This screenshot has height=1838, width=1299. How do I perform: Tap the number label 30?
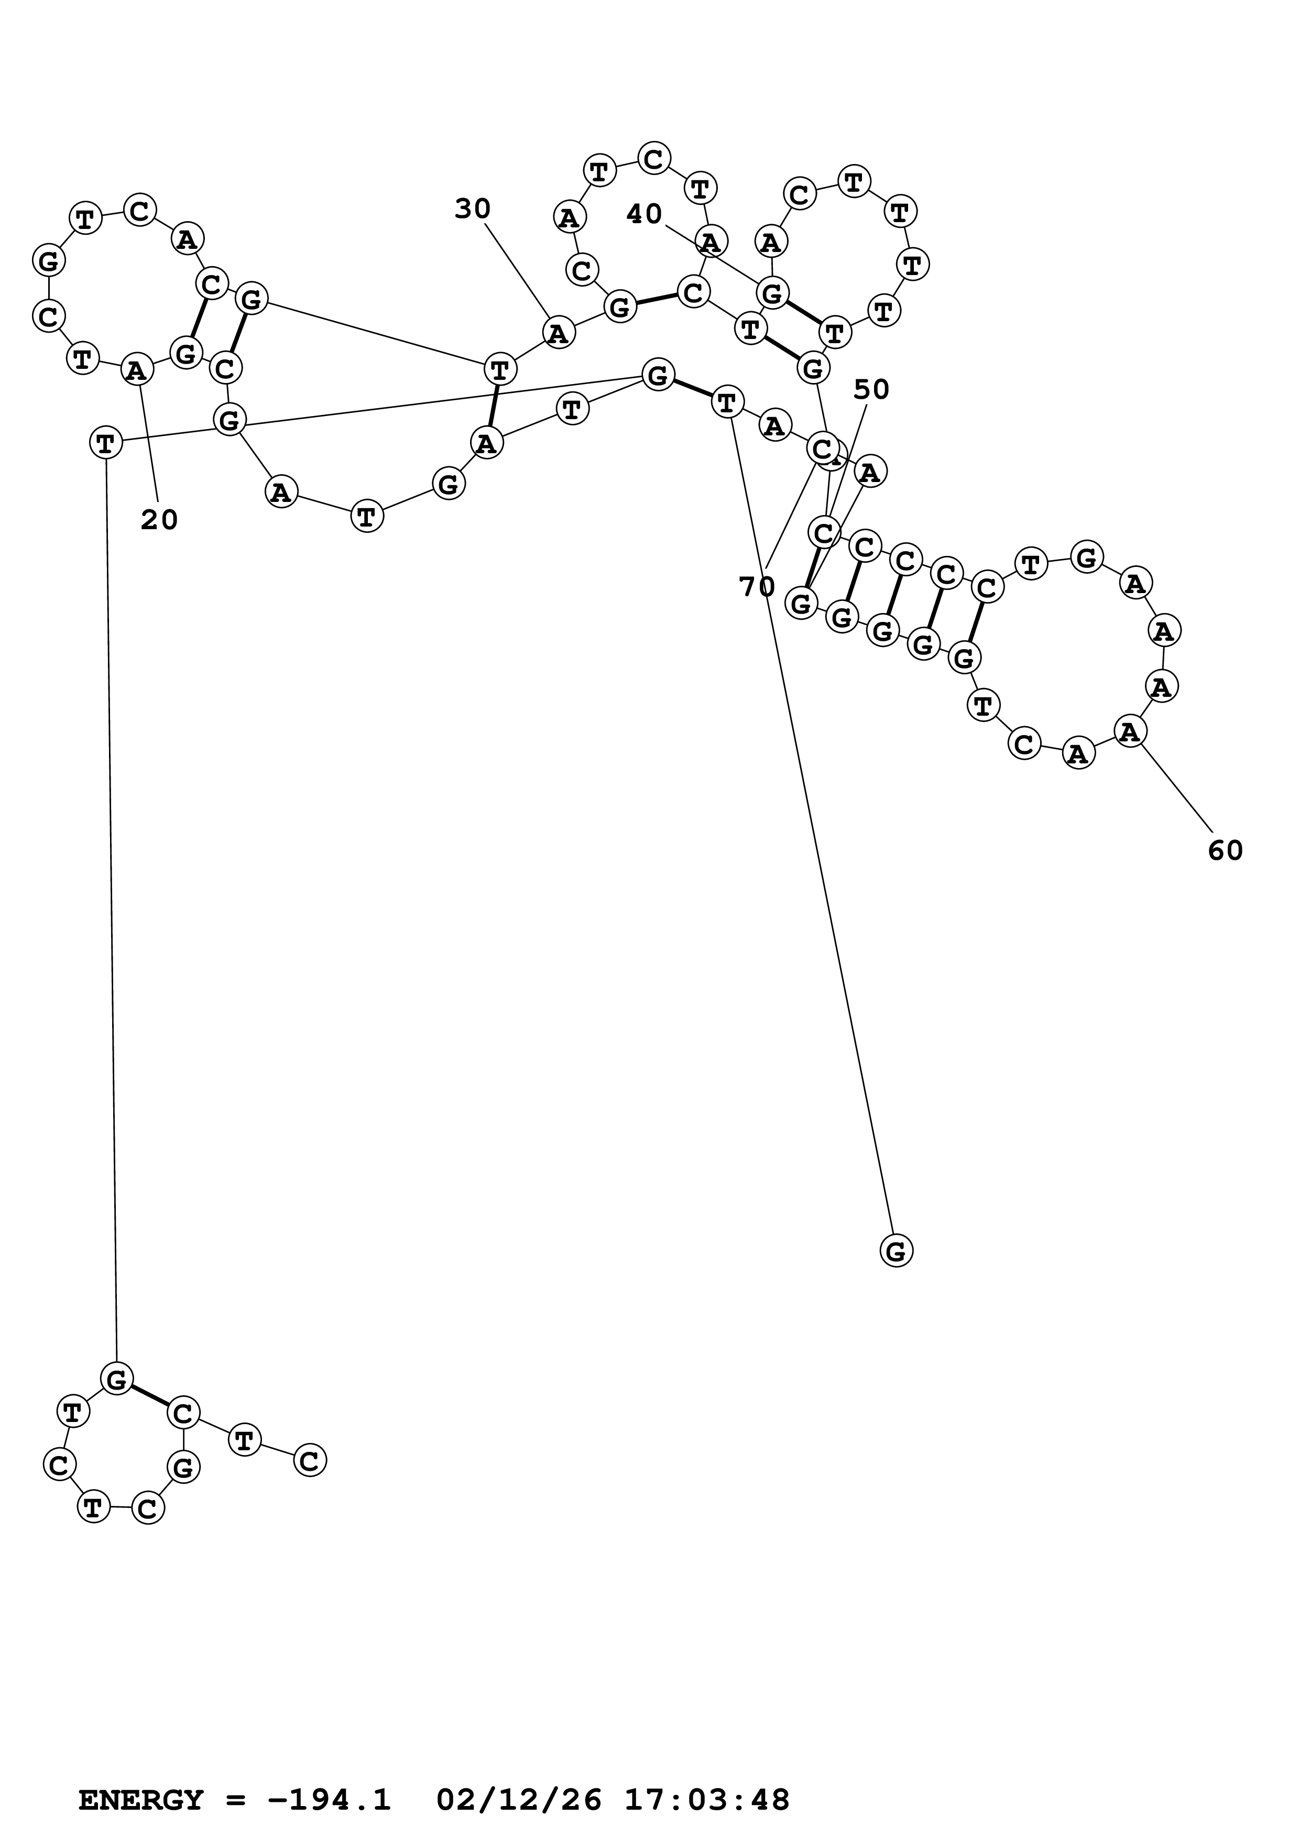pos(472,210)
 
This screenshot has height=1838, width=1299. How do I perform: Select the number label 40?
pos(645,214)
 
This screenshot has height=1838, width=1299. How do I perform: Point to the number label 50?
pos(871,390)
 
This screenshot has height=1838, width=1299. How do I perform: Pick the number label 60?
pos(1225,851)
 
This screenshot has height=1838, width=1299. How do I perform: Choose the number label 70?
pos(756,587)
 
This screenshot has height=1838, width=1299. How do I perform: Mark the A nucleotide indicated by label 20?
pos(137,370)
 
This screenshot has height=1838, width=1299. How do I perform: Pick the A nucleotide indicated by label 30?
pos(558,332)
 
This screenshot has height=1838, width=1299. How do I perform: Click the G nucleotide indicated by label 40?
pos(772,294)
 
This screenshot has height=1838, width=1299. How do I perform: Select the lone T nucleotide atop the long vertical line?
pos(106,442)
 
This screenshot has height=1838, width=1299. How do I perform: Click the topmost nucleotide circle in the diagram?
pos(654,159)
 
